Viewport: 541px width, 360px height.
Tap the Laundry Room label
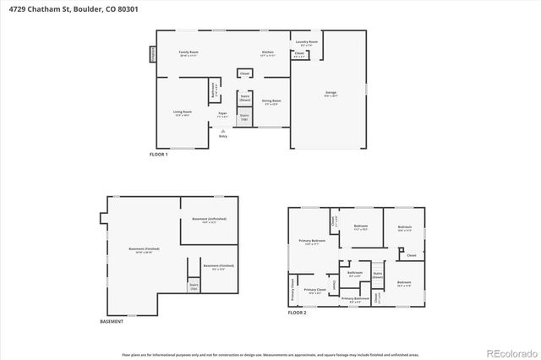point(306,42)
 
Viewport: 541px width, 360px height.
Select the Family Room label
point(188,53)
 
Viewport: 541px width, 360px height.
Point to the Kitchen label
point(267,53)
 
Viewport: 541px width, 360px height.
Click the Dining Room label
point(270,101)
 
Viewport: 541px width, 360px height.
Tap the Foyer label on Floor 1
point(222,114)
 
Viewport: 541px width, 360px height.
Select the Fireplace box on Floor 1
point(153,53)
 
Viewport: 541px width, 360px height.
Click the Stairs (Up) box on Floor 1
point(244,117)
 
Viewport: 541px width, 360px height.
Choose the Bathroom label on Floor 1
point(213,87)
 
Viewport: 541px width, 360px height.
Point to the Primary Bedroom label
point(312,242)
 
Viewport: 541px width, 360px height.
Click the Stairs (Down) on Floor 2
point(377,274)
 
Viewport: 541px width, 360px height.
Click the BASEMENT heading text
point(112,322)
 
